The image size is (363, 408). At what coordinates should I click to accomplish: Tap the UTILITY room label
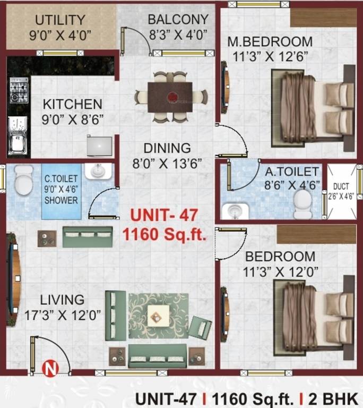tap(60, 20)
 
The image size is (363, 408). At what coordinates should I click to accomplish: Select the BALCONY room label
tap(178, 20)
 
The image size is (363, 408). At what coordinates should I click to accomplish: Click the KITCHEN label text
tap(72, 103)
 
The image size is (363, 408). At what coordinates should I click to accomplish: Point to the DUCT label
tap(341, 186)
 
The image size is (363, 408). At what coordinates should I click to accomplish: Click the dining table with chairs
tap(170, 96)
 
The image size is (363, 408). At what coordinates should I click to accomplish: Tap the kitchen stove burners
tap(19, 90)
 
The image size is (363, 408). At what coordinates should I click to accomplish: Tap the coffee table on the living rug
tap(158, 316)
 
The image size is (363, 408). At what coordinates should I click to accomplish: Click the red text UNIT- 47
tap(164, 216)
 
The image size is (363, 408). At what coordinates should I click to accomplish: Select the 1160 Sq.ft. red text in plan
tap(164, 234)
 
